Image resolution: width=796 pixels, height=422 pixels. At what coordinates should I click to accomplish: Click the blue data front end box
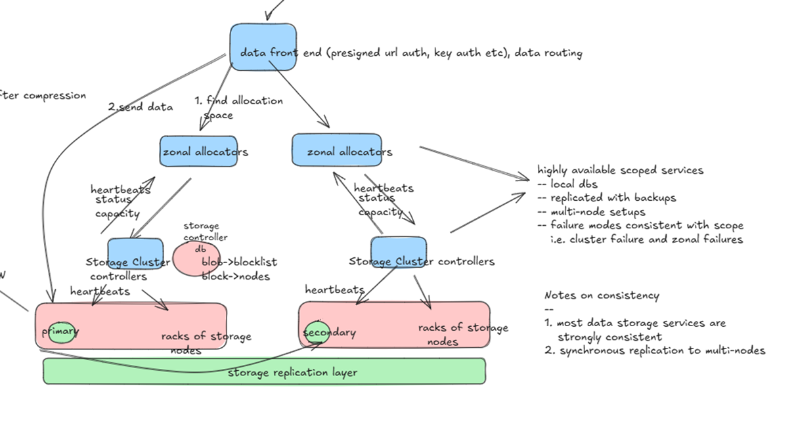(x=262, y=47)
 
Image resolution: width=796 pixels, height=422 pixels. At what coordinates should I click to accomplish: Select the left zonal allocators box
(x=198, y=152)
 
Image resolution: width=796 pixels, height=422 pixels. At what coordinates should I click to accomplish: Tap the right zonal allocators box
(x=337, y=152)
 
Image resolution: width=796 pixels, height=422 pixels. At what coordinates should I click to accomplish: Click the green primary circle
(x=60, y=331)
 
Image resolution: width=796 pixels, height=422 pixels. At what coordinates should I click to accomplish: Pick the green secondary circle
(x=318, y=332)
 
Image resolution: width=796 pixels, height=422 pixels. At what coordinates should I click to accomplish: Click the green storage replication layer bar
(x=264, y=371)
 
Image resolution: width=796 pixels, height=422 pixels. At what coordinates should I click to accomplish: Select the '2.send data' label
(x=141, y=107)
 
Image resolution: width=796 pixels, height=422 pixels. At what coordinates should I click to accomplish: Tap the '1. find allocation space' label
(x=238, y=107)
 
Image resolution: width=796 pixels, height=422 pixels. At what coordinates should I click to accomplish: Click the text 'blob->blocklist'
(x=239, y=262)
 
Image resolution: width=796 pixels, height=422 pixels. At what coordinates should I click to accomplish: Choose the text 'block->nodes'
(x=235, y=276)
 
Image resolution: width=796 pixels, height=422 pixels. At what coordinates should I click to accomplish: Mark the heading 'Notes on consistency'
(x=601, y=295)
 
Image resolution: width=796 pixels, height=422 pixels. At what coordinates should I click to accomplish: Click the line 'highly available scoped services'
(x=620, y=170)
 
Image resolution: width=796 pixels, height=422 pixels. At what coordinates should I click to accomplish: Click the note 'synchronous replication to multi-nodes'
(x=662, y=350)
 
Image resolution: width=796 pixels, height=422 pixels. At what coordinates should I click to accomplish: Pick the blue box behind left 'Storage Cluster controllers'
(x=135, y=253)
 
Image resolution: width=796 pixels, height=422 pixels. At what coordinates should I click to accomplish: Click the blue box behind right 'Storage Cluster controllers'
(x=398, y=252)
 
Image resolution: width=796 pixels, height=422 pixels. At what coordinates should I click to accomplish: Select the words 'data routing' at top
(x=548, y=53)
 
